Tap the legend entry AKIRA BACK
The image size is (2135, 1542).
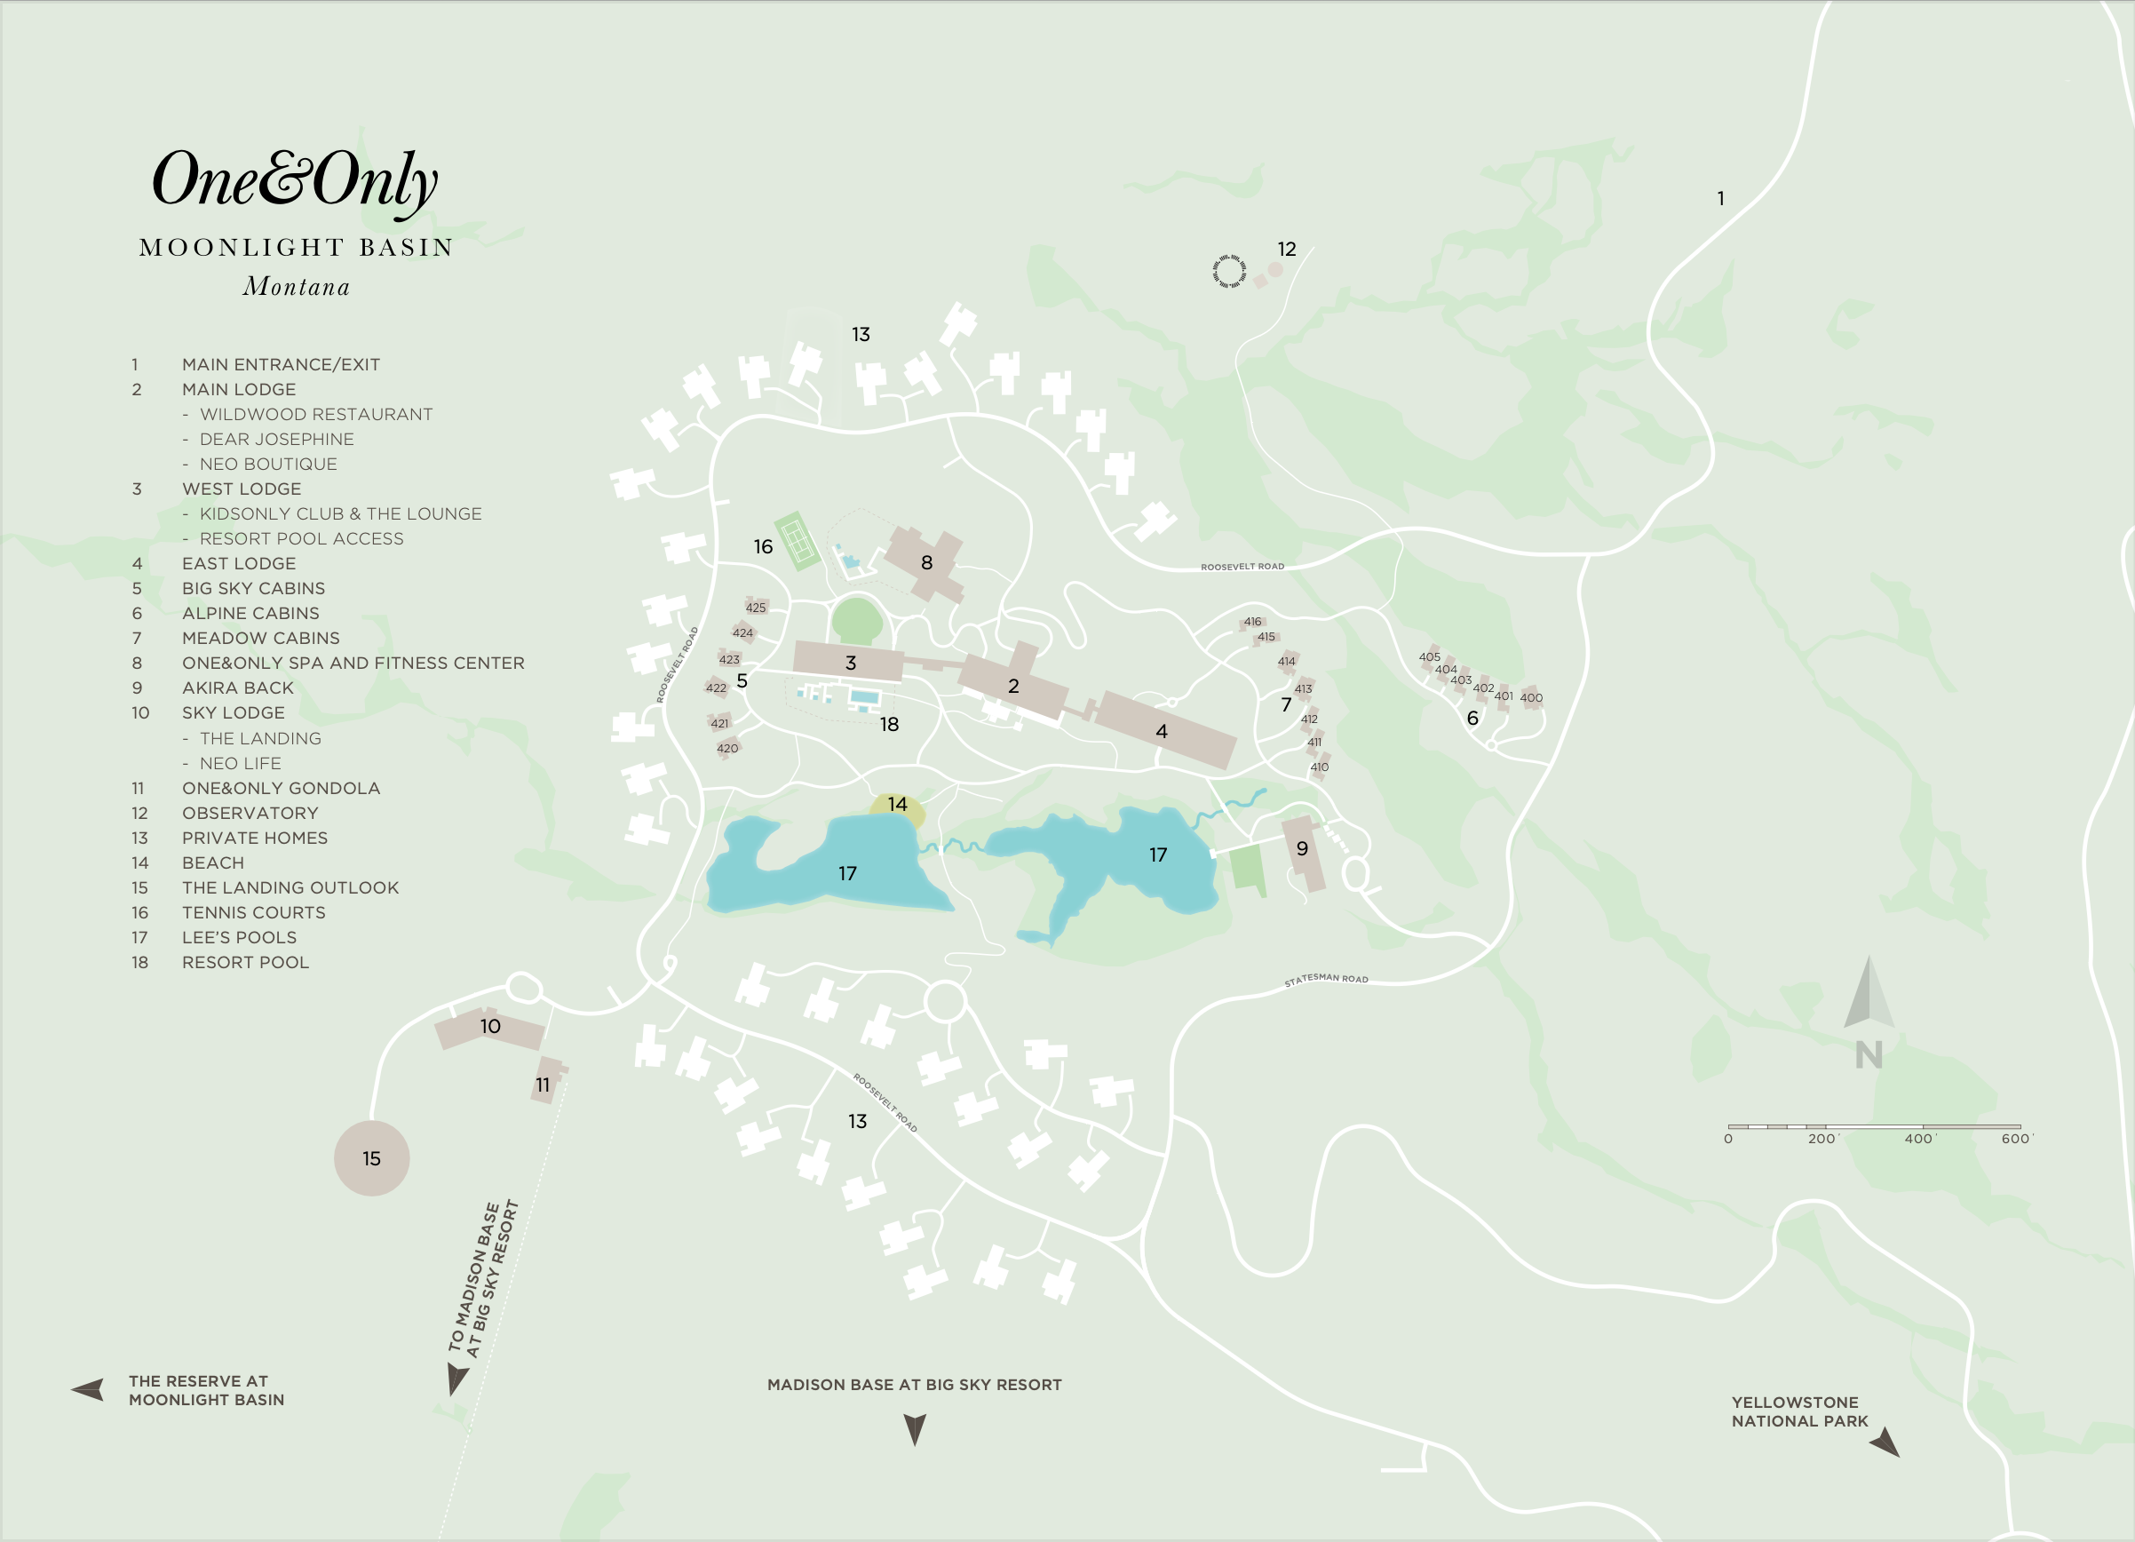(237, 688)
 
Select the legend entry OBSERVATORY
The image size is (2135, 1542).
(250, 814)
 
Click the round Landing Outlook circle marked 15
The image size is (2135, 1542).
(372, 1159)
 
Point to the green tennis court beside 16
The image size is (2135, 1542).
(798, 541)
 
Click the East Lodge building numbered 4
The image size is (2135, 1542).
(1165, 730)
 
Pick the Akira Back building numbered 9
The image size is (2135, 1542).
(1303, 852)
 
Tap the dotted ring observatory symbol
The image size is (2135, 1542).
(1229, 271)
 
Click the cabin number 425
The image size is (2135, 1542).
(756, 608)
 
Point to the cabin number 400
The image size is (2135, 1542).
(1532, 697)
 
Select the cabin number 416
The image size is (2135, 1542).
(1252, 621)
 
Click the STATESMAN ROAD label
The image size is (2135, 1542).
(1326, 979)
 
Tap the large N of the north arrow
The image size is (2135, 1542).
(1869, 1055)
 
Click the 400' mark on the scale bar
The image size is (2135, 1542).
(1918, 1139)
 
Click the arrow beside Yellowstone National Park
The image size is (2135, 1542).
(1885, 1443)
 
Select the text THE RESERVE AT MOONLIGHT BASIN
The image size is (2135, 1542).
(206, 1390)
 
